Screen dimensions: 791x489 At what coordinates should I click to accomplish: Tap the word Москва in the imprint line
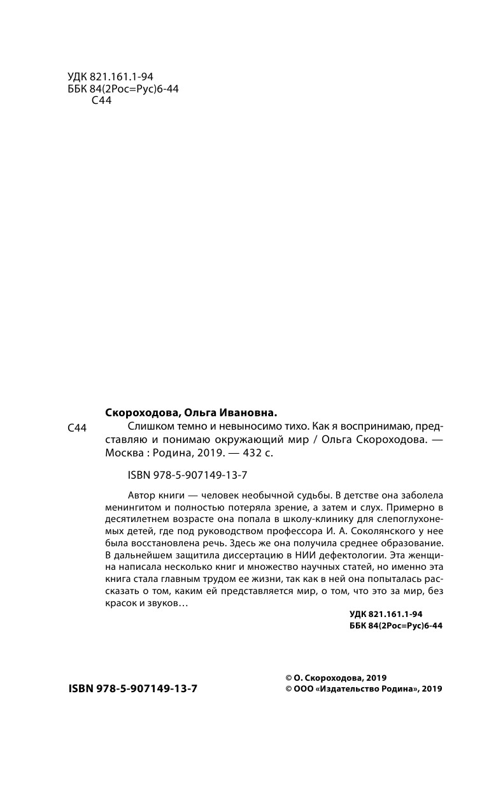pos(122,454)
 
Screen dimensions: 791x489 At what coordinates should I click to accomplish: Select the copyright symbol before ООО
pos(288,688)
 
